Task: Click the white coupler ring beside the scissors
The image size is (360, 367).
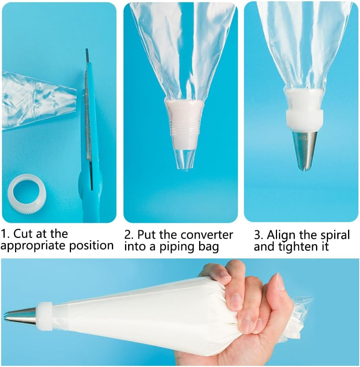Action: [x=27, y=192]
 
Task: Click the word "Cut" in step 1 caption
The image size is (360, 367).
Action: [x=24, y=234]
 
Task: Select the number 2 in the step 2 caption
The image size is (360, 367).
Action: [x=128, y=235]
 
